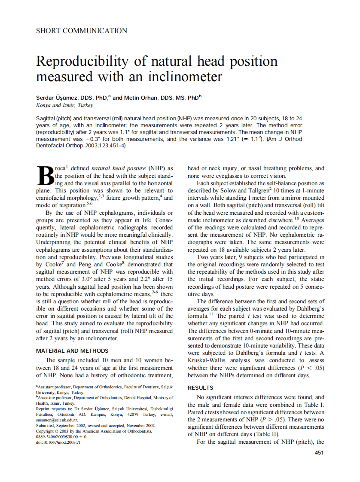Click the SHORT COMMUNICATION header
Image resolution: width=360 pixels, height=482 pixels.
pyautogui.click(x=82, y=31)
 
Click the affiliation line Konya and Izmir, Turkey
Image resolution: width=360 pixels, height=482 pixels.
pyautogui.click(x=65, y=105)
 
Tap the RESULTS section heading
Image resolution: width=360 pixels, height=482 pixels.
pyautogui.click(x=201, y=387)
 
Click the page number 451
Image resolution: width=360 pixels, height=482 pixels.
pyautogui.click(x=319, y=452)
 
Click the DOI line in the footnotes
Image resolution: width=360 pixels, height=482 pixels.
pyautogui.click(x=58, y=442)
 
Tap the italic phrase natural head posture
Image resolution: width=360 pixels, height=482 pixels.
pyautogui.click(x=119, y=168)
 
